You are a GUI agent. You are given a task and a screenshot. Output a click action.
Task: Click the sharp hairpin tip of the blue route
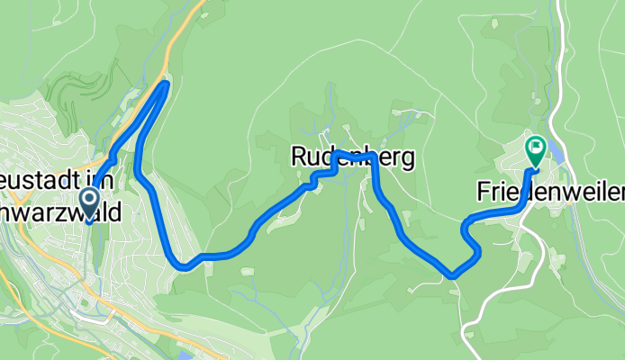click(x=166, y=84)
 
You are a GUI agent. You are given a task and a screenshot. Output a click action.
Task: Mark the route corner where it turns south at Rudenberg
click(x=373, y=158)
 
